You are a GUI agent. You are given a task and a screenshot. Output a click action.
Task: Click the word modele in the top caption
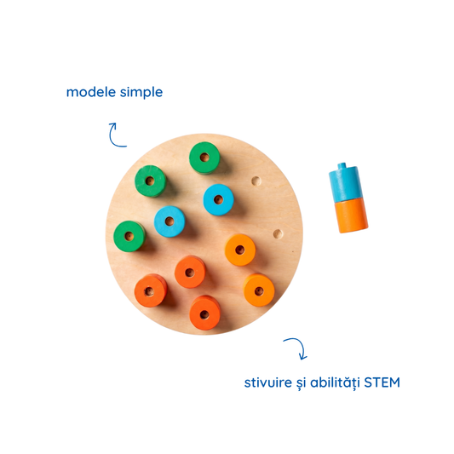pyautogui.click(x=91, y=92)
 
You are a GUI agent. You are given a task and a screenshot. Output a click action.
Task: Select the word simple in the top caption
pyautogui.click(x=141, y=93)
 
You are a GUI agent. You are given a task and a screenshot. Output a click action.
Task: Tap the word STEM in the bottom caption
pyautogui.click(x=382, y=382)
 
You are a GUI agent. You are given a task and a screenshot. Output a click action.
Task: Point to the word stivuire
pyautogui.click(x=268, y=382)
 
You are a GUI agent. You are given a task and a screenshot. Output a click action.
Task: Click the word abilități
pyautogui.click(x=335, y=382)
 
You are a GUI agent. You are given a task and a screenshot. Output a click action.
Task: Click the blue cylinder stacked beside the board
pyautogui.click(x=345, y=183)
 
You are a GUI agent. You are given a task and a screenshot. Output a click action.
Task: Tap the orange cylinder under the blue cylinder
pyautogui.click(x=351, y=216)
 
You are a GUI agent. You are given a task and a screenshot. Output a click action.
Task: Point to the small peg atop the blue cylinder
pyautogui.click(x=342, y=165)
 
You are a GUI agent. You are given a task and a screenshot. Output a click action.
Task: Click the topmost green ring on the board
pyautogui.click(x=204, y=158)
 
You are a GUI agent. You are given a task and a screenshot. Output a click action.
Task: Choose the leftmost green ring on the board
pyautogui.click(x=129, y=236)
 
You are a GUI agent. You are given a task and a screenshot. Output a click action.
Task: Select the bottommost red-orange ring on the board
pyautogui.click(x=204, y=313)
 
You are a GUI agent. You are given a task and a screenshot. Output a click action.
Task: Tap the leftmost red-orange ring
pyautogui.click(x=150, y=290)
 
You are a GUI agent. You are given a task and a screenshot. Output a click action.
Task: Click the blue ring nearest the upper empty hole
pyautogui.click(x=218, y=200)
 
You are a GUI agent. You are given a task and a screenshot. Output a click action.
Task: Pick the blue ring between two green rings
pyautogui.click(x=170, y=221)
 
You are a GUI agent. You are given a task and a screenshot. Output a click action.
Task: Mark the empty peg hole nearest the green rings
pyautogui.click(x=256, y=181)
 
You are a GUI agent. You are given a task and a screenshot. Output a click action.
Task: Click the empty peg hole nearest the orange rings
pyautogui.click(x=278, y=233)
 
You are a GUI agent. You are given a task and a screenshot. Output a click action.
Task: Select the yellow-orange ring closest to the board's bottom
pyautogui.click(x=259, y=290)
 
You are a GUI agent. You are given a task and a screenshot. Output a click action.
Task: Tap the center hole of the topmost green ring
pyautogui.click(x=204, y=158)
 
